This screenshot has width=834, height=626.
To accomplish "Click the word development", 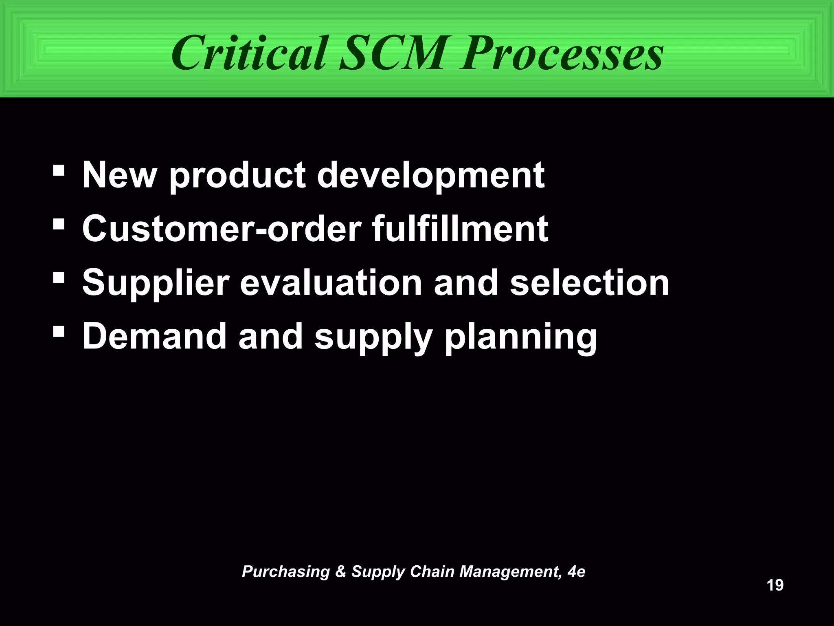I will tap(430, 176).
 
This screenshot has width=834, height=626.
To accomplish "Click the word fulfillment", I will tap(460, 229).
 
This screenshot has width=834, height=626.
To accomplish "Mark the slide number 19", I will tap(775, 585).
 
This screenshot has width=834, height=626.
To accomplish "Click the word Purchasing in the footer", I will tap(285, 572).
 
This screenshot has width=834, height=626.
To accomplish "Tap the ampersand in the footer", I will tap(340, 572).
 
